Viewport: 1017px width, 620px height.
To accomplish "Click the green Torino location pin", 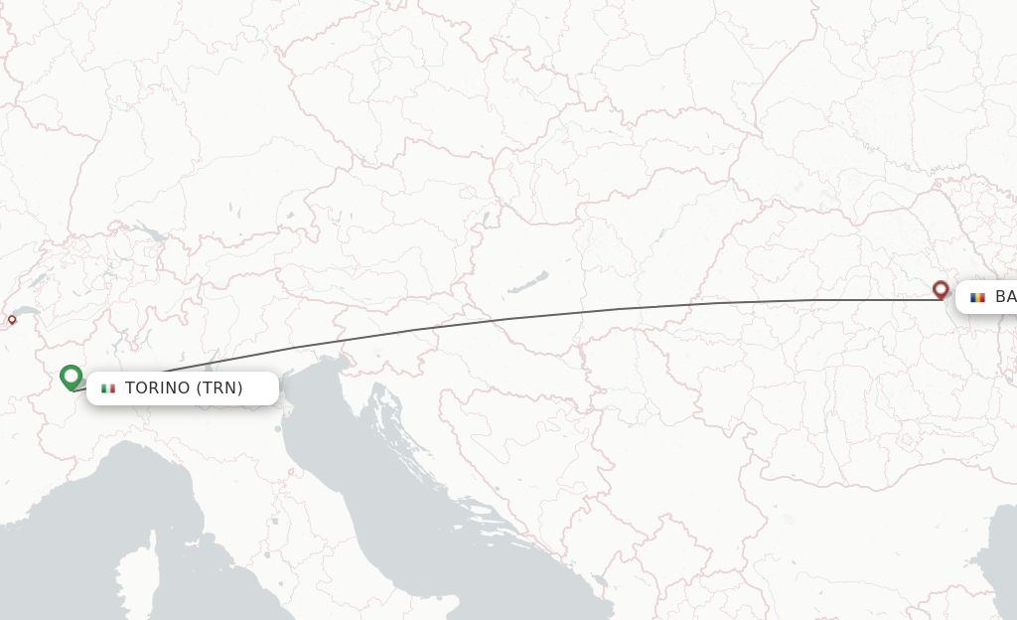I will tap(71, 377).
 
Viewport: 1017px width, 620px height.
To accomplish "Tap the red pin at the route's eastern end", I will tap(941, 289).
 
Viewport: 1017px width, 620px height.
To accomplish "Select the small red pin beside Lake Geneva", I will tap(12, 320).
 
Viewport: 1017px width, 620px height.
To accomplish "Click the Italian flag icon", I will tap(108, 388).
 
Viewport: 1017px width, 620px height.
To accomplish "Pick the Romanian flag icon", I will tap(977, 297).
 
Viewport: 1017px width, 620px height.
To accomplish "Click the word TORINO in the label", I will tap(157, 388).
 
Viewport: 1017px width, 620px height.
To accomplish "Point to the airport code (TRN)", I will tap(219, 388).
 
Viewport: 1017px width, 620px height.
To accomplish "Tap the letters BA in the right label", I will tap(1005, 297).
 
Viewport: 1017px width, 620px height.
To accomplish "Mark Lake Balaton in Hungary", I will tap(527, 283).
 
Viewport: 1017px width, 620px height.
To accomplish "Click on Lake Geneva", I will tap(27, 312).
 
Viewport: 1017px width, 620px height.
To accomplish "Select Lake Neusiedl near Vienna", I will tap(486, 219).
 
